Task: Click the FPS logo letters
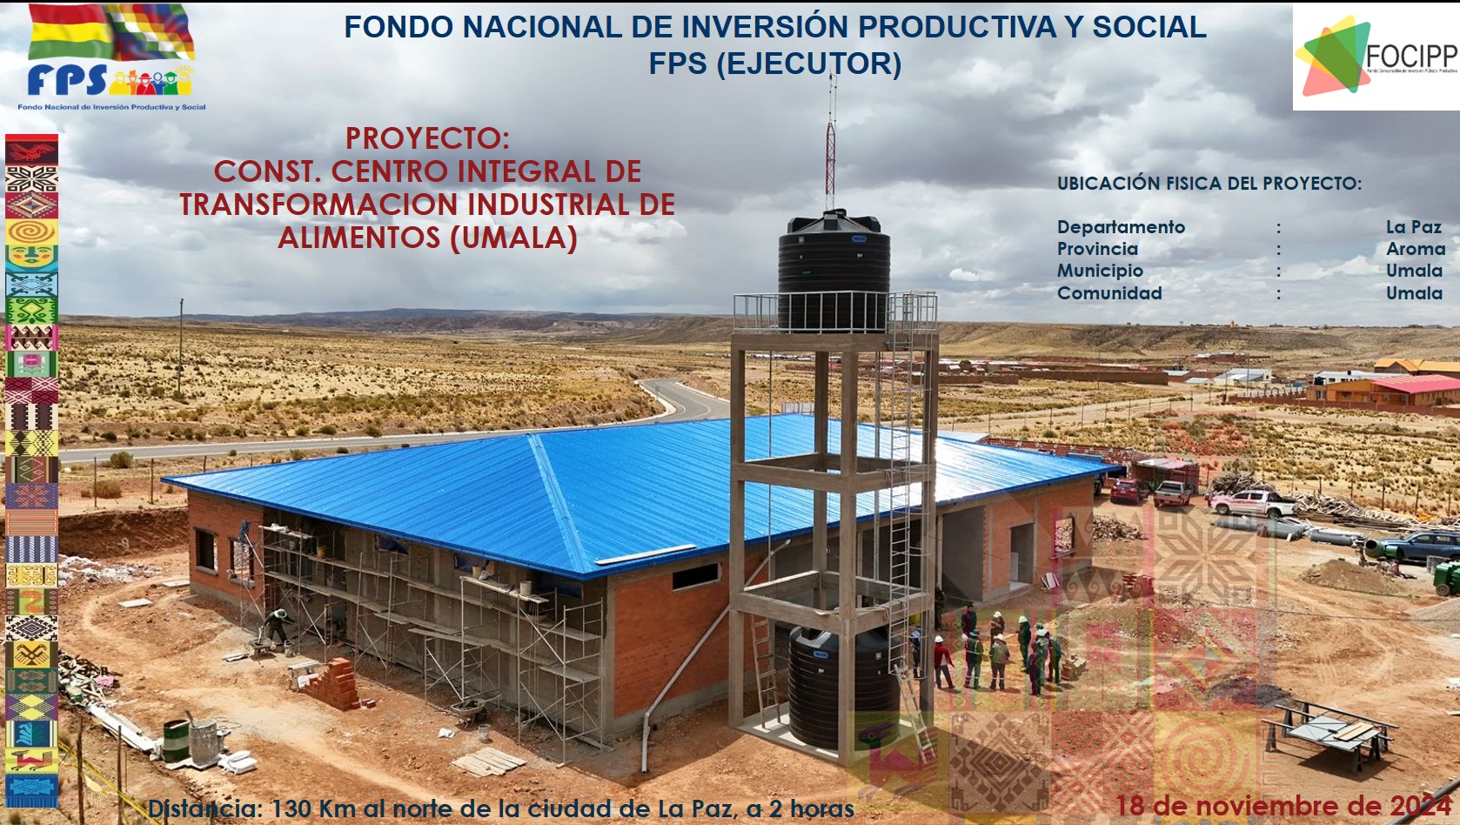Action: click(68, 81)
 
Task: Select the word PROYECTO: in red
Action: click(427, 138)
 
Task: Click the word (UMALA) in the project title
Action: click(514, 238)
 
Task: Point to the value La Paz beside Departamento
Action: click(1413, 227)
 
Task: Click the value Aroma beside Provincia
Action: click(1415, 249)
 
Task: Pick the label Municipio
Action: click(1100, 271)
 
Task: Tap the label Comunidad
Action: click(1109, 293)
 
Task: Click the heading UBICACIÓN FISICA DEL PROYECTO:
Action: click(1209, 184)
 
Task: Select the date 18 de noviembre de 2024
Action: click(1283, 806)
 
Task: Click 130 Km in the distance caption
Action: click(313, 809)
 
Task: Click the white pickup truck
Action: click(1253, 502)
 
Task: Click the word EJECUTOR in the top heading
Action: click(808, 64)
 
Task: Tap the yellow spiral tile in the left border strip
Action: click(31, 231)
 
